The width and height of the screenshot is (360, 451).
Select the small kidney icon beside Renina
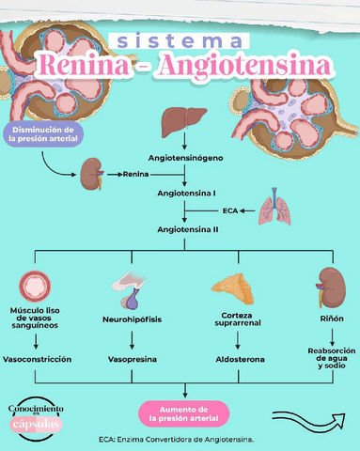coord(91,173)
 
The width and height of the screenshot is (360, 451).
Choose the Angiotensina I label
coord(187,193)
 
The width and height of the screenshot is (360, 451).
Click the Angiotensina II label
coord(188,228)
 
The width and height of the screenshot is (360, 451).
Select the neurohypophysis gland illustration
coord(128,287)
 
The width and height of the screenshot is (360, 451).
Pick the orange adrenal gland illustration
coord(231,286)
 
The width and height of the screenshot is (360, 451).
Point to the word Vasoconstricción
coord(38,359)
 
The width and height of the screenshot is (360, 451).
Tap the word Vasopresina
coord(132,359)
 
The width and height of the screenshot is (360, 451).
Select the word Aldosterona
coord(239,359)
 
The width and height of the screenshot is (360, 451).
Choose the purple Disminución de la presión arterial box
coord(44,133)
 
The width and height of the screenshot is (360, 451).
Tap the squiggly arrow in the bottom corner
coord(305,420)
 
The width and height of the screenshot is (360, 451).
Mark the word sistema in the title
coord(182,42)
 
